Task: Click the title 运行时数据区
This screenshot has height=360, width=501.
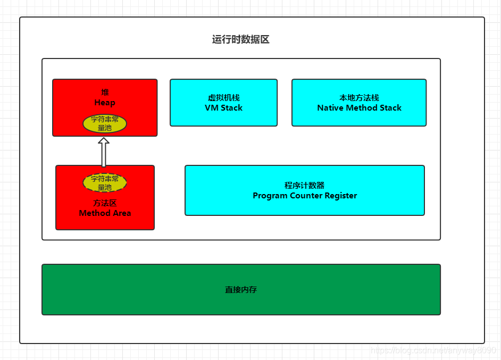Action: click(x=240, y=40)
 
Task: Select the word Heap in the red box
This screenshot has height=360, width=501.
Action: click(x=105, y=103)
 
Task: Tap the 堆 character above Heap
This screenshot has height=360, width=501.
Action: click(x=105, y=93)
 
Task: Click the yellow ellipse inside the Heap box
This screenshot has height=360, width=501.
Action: click(x=105, y=123)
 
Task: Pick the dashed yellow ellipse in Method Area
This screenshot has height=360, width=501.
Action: click(x=105, y=183)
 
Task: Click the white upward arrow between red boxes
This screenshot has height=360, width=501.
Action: click(x=104, y=152)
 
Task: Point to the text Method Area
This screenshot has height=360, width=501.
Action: click(x=105, y=213)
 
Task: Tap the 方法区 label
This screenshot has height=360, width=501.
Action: click(x=105, y=203)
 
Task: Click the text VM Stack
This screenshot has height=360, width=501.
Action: click(x=223, y=108)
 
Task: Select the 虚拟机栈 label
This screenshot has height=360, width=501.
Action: click(x=223, y=98)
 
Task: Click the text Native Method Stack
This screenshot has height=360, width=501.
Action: click(x=359, y=108)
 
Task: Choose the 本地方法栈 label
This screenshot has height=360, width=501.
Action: click(x=359, y=98)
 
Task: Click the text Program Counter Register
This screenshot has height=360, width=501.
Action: click(x=305, y=196)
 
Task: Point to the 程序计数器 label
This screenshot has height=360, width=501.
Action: click(x=305, y=186)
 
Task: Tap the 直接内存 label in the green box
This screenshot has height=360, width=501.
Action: click(x=241, y=290)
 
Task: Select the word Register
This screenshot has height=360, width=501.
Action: click(x=340, y=196)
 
